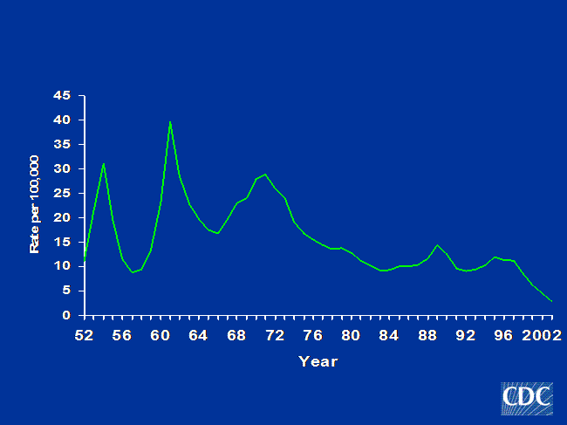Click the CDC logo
pyautogui.click(x=527, y=399)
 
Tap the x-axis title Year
pyautogui.click(x=318, y=361)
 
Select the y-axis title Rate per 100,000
pyautogui.click(x=34, y=204)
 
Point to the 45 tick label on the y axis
pyautogui.click(x=62, y=95)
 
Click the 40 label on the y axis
pyautogui.click(x=62, y=120)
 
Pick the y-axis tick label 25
pyautogui.click(x=62, y=193)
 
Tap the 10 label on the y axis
pyautogui.click(x=62, y=266)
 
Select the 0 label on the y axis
pyautogui.click(x=66, y=315)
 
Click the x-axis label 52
pyautogui.click(x=85, y=336)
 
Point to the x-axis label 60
pyautogui.click(x=161, y=336)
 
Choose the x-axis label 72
pyautogui.click(x=275, y=336)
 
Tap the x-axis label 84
pyautogui.click(x=389, y=336)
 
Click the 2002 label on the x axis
pyautogui.click(x=542, y=336)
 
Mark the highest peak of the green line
pyautogui.click(x=170, y=122)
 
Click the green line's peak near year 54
pyautogui.click(x=104, y=163)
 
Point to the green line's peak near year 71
pyautogui.click(x=265, y=175)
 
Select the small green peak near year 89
pyautogui.click(x=438, y=245)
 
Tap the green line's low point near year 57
pyautogui.click(x=133, y=272)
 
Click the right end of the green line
pyautogui.click(x=552, y=301)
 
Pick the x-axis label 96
pyautogui.click(x=503, y=336)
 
